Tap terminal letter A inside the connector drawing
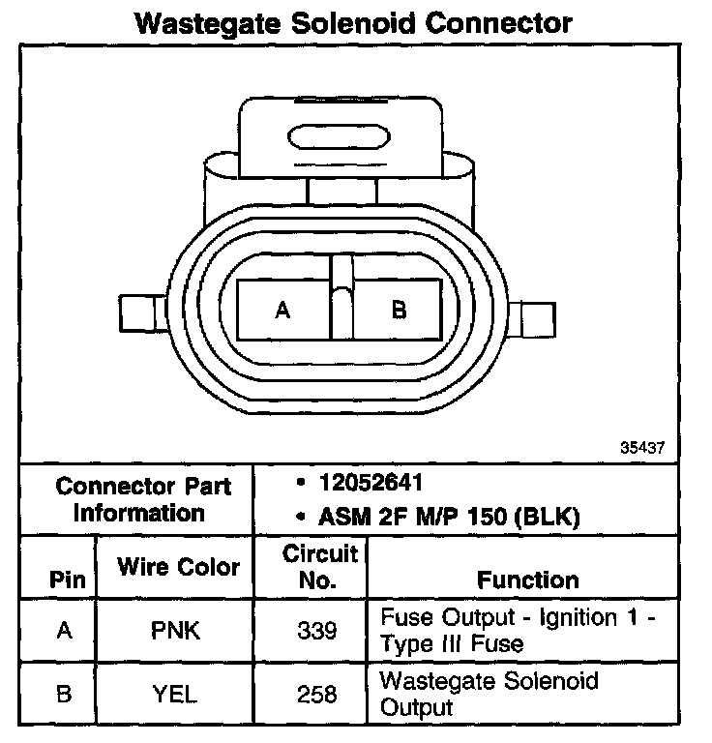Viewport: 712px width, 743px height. (282, 311)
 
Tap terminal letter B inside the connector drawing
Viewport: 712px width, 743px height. (399, 311)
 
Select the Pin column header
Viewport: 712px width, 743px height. (65, 580)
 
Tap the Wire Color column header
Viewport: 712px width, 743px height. (179, 567)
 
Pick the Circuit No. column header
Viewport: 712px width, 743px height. (320, 567)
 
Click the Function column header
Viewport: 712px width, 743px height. (528, 580)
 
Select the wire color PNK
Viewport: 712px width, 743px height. (178, 631)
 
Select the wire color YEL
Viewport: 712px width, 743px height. (178, 694)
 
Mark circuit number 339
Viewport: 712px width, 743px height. (318, 631)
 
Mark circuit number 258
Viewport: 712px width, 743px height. (318, 694)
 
